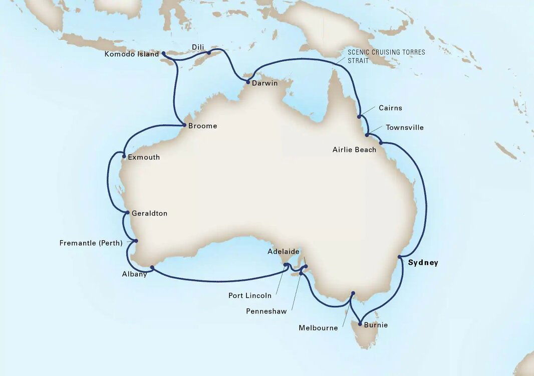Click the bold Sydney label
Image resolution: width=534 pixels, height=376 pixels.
pos(423,263)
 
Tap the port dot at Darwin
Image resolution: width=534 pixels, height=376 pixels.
pos(247,82)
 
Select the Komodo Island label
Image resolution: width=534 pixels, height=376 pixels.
pos(132,54)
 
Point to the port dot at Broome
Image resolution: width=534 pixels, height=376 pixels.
pos(184,125)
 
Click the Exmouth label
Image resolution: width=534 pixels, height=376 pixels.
pos(144,157)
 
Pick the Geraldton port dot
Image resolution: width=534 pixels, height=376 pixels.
pos(128,213)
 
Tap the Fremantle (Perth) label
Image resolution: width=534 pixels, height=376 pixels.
pos(91,244)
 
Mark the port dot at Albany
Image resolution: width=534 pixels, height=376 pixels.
pos(152,267)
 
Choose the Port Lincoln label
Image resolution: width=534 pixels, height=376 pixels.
pos(250,296)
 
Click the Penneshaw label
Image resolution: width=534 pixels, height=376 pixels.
pos(266,311)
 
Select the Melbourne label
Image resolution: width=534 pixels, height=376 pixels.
pos(318,328)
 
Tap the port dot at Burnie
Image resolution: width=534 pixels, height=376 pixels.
pos(360,324)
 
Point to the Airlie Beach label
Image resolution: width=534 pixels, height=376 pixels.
pos(354,150)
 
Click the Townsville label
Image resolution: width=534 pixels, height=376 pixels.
pos(404,128)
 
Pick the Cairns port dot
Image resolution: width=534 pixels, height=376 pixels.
pos(359,117)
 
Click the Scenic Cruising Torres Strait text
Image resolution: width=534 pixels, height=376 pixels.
pos(386,56)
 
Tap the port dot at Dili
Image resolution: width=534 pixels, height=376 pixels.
pos(209,52)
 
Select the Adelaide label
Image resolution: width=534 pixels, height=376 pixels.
pos(284,252)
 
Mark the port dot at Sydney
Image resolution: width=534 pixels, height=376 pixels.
pos(400,257)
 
